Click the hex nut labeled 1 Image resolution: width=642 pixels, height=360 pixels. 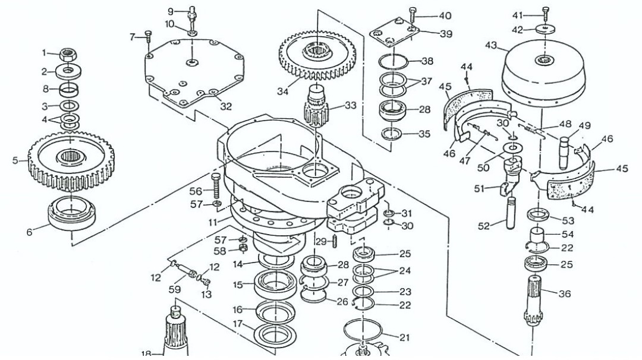(70, 55)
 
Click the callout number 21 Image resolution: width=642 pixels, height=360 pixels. (405, 337)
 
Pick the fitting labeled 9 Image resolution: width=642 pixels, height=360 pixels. (191, 11)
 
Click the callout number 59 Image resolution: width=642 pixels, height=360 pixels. (175, 290)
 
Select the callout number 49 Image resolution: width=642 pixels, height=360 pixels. (585, 125)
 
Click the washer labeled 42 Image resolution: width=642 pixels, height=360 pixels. (545, 29)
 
